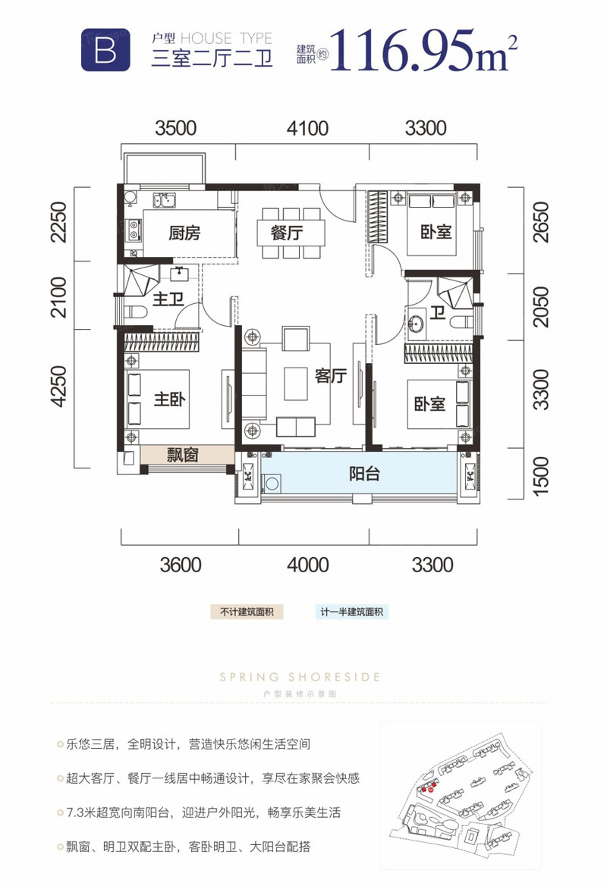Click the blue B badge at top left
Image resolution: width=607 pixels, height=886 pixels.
105,50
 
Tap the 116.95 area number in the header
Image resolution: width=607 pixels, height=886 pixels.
401,51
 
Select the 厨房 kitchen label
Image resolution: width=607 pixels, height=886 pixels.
184,233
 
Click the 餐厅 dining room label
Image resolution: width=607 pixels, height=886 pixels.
287,232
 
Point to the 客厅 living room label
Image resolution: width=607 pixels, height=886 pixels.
330,376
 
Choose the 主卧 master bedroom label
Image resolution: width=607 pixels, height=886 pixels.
169,399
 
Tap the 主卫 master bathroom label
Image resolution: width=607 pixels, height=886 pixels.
168,299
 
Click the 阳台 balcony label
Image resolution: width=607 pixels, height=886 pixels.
364,474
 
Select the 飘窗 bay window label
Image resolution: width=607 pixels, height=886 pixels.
182,455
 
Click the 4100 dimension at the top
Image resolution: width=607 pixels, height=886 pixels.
307,128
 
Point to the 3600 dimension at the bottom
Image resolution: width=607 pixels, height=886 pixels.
181,565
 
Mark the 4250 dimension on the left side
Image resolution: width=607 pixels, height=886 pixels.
59,387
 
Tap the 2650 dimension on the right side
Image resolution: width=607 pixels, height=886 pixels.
542,222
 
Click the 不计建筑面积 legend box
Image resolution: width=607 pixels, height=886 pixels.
247,612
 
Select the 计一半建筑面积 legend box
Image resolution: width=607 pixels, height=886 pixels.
352,612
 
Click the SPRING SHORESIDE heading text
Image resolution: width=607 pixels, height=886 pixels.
300,677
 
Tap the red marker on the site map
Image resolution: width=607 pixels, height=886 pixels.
430,790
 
